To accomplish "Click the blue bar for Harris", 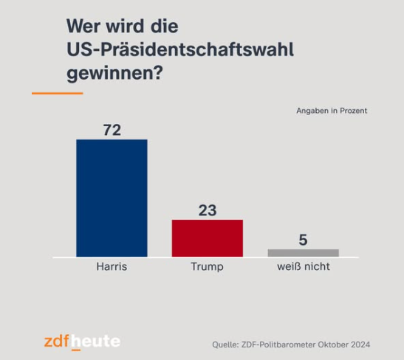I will [x=112, y=198].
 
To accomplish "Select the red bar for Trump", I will [x=207, y=238].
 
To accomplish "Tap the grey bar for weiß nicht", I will [x=303, y=252].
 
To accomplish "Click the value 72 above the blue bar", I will [x=112, y=130].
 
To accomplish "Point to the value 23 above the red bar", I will [x=208, y=210].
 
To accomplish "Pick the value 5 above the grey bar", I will [x=303, y=240].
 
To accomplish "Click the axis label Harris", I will [x=112, y=266].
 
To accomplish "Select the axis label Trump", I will [x=207, y=266].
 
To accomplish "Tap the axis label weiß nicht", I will [x=303, y=266].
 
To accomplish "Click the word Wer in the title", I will [x=83, y=27].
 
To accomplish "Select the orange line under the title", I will [x=57, y=93].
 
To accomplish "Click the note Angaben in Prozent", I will [x=332, y=111].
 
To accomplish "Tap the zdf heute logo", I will [x=81, y=342].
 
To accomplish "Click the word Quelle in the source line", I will [x=226, y=345].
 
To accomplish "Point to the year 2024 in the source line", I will [x=358, y=345].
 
